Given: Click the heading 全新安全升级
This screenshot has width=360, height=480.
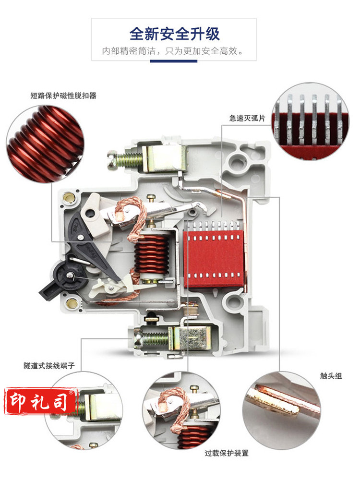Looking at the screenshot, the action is pyautogui.click(x=175, y=34).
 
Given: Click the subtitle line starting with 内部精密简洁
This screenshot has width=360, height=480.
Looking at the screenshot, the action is pyautogui.click(x=173, y=51).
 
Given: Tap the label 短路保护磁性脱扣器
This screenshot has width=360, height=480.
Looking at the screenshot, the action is pyautogui.click(x=63, y=96).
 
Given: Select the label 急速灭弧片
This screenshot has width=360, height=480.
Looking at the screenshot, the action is pyautogui.click(x=247, y=118).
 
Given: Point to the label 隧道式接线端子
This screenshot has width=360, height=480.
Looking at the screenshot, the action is pyautogui.click(x=49, y=365).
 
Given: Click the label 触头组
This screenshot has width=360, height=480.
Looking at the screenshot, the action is pyautogui.click(x=331, y=376).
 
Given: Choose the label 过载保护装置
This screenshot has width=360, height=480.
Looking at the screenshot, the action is pyautogui.click(x=227, y=453).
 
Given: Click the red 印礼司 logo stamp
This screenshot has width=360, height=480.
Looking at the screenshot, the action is pyautogui.click(x=40, y=401).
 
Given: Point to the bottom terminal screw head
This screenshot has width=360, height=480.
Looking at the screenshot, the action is pyautogui.click(x=138, y=340).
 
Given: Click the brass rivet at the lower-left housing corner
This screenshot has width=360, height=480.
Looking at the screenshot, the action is pyautogui.click(x=72, y=304).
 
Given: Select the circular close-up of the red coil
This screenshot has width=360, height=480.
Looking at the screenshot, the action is pyautogui.click(x=45, y=144).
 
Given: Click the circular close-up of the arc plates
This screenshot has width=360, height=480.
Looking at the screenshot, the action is pyautogui.click(x=310, y=121).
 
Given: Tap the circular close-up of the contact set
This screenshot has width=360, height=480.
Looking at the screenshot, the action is pyautogui.click(x=282, y=410).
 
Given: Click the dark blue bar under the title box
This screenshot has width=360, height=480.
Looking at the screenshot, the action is pyautogui.click(x=174, y=61).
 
